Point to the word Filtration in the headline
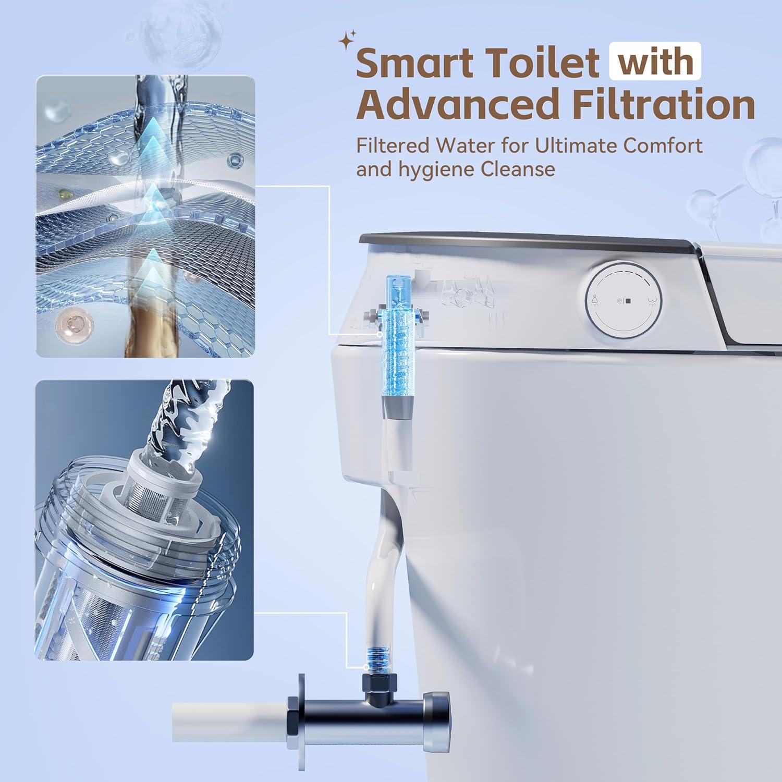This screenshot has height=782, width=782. pyautogui.click(x=663, y=104)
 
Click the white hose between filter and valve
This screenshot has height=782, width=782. pyautogui.click(x=386, y=563)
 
